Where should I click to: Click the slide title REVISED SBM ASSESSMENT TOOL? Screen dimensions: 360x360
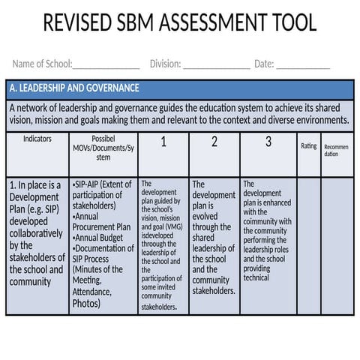point(180,23)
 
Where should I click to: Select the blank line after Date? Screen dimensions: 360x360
point(303,64)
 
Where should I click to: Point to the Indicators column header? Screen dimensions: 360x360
point(37,139)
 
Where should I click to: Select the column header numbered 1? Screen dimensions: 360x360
point(163,142)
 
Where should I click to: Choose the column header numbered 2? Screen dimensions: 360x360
point(214,142)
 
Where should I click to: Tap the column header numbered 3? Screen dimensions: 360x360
point(268,142)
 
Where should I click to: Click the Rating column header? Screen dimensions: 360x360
point(308,146)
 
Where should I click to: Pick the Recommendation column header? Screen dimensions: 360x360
point(335,149)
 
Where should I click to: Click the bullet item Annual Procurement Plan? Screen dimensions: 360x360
point(102,222)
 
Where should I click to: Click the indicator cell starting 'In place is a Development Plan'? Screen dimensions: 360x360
point(37,232)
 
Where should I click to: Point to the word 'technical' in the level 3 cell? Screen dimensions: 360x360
point(256,277)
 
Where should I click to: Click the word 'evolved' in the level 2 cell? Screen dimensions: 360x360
point(205,216)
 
